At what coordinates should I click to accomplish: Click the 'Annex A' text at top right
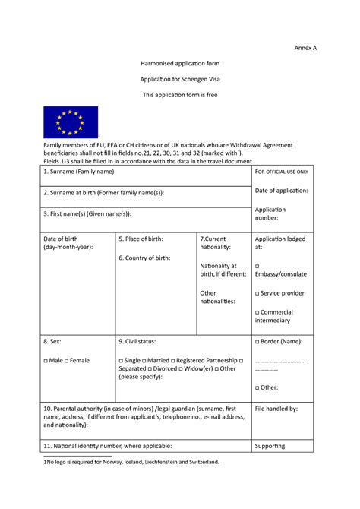(306, 48)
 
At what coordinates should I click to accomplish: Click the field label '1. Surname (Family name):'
(80, 173)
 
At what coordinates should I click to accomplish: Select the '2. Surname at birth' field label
(103, 193)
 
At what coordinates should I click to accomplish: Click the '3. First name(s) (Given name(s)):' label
(93, 214)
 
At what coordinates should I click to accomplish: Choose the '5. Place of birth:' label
(141, 239)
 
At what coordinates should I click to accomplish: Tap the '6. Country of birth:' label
(144, 258)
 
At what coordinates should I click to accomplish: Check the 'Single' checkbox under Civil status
(122, 360)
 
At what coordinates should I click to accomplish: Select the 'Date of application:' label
(281, 191)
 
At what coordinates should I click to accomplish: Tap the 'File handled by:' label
(276, 409)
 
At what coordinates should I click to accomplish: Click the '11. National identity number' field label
(107, 446)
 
